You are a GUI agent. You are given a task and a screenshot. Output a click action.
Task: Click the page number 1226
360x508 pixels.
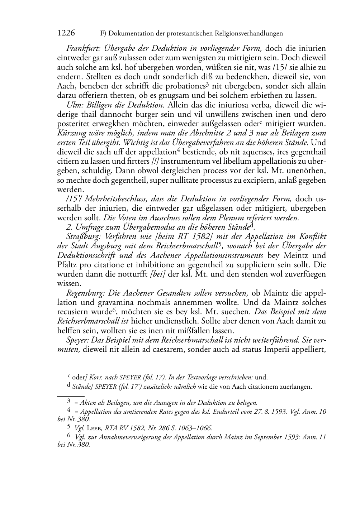pos(66,33)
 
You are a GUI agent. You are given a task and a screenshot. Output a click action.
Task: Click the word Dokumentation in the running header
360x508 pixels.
pos(130,34)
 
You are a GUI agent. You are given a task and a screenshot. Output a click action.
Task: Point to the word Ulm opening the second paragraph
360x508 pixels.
pos(73,105)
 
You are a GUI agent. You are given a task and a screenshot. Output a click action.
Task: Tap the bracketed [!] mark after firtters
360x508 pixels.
pos(156,162)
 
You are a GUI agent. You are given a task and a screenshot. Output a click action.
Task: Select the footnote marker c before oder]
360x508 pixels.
pos(69,377)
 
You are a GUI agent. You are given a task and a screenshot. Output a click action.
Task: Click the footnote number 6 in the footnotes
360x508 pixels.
pos(69,436)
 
